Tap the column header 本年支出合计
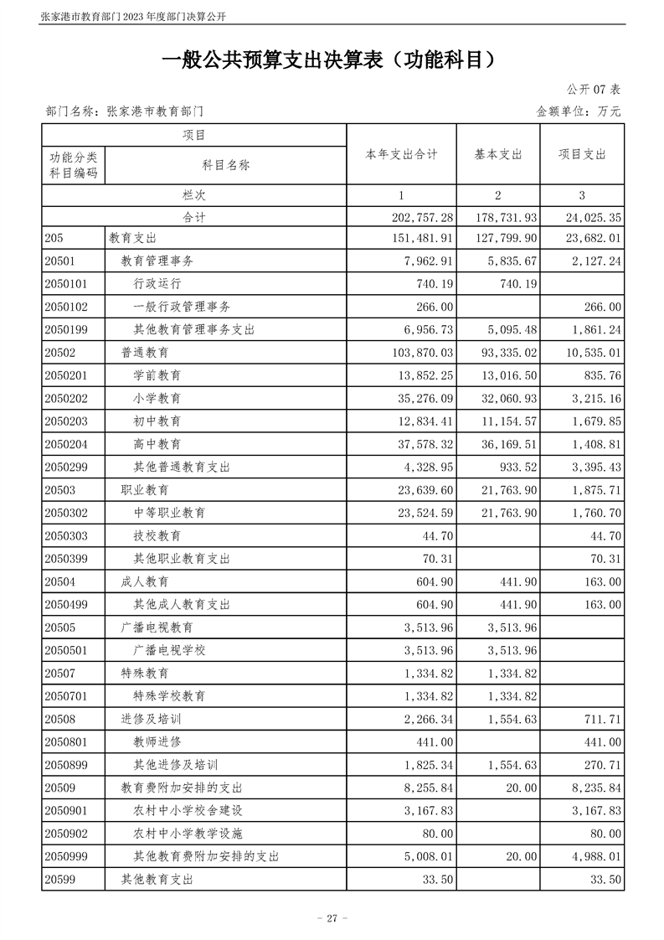[x=401, y=155]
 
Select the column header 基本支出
[x=498, y=155]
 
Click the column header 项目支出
[x=582, y=155]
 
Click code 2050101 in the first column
[x=66, y=284]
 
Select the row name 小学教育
[x=157, y=398]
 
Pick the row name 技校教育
[x=157, y=535]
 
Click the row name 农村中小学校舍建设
[x=188, y=810]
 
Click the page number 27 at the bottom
[x=332, y=918]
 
